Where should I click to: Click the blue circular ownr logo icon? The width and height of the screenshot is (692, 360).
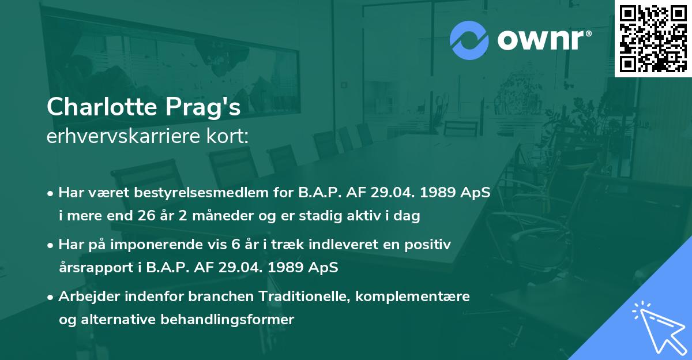469,40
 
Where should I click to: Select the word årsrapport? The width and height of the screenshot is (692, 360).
95,268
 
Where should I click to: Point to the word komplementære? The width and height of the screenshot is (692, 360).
413,297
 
